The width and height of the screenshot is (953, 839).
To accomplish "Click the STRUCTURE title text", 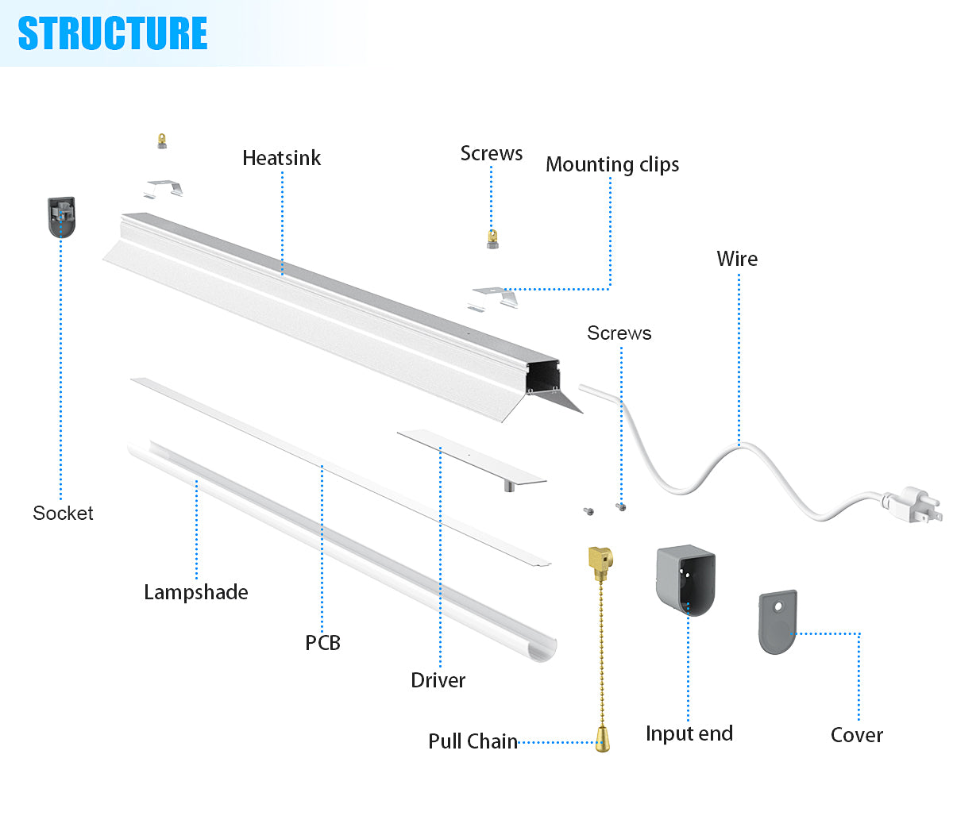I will pos(112,33).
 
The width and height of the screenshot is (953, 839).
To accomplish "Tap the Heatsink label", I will pos(281,158).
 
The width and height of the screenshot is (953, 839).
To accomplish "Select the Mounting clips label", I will pos(612,164).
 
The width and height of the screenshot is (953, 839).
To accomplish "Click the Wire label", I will pos(736,259).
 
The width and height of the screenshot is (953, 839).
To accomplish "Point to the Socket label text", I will pos(63,514).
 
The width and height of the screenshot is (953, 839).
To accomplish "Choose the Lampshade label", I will pos(195,592).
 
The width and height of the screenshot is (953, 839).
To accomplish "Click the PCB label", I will pos(322,643).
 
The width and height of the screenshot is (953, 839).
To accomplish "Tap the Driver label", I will pos(438,680).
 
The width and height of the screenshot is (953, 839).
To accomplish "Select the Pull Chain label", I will pos(473,741).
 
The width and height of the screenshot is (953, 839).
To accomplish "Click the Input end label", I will pos(689,733).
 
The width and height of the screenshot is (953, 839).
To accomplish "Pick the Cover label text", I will pos(856,735).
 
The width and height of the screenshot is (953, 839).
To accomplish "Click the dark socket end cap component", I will pos(61,217).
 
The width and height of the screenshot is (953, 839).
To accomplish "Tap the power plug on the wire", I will pos(913,506).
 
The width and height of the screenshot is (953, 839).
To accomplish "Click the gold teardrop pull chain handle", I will pos(603,739).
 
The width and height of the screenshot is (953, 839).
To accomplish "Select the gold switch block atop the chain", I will pos(600,560).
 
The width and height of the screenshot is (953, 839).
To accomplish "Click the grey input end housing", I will pos(685,580).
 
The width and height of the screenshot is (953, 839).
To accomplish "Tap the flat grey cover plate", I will pos(777,622).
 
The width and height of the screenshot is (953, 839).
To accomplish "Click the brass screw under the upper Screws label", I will pos(492,238).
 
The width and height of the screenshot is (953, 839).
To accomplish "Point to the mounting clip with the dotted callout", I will pos(495,298).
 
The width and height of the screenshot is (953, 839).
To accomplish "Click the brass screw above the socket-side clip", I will pos(162,141).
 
